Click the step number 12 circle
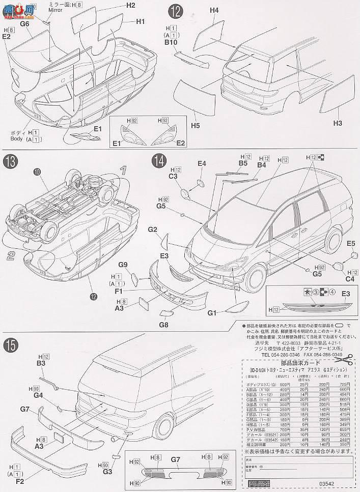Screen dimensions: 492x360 pos(175,10)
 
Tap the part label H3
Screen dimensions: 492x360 pos(338,123)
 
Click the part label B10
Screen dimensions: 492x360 pos(170,43)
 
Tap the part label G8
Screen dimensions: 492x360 pos(163,324)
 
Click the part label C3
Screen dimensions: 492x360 pos(173,176)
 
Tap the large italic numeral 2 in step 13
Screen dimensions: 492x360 pos(10,256)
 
